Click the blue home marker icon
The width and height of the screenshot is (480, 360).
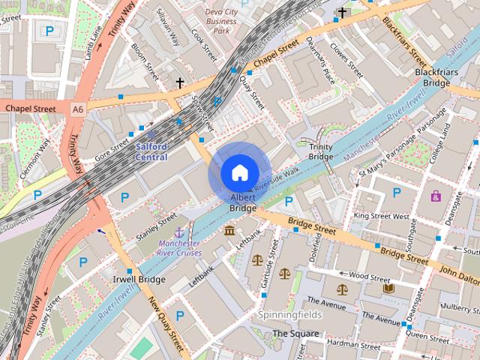point(239,172)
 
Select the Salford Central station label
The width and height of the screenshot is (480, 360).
point(151,151)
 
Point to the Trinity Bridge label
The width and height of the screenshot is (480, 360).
point(321,151)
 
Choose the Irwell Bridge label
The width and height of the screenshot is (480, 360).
point(139,280)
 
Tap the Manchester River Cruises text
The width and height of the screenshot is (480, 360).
point(178,248)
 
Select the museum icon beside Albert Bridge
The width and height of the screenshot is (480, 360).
point(229,230)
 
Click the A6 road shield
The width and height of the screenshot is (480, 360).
point(78,109)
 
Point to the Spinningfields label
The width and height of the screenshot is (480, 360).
point(289,315)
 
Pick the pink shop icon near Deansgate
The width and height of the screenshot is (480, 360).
point(436,196)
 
